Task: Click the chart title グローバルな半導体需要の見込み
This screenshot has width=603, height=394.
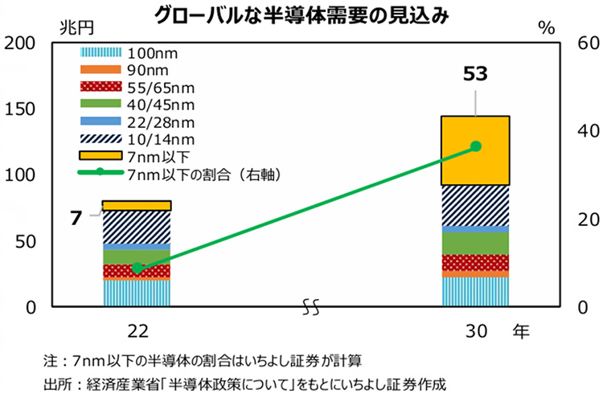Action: pos(301,14)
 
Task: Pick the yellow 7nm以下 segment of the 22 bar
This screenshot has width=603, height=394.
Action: pos(137,206)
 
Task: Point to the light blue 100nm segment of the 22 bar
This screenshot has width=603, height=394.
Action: pos(137,293)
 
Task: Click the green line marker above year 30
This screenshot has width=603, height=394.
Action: pos(476,146)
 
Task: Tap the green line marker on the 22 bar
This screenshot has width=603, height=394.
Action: pos(137,268)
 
